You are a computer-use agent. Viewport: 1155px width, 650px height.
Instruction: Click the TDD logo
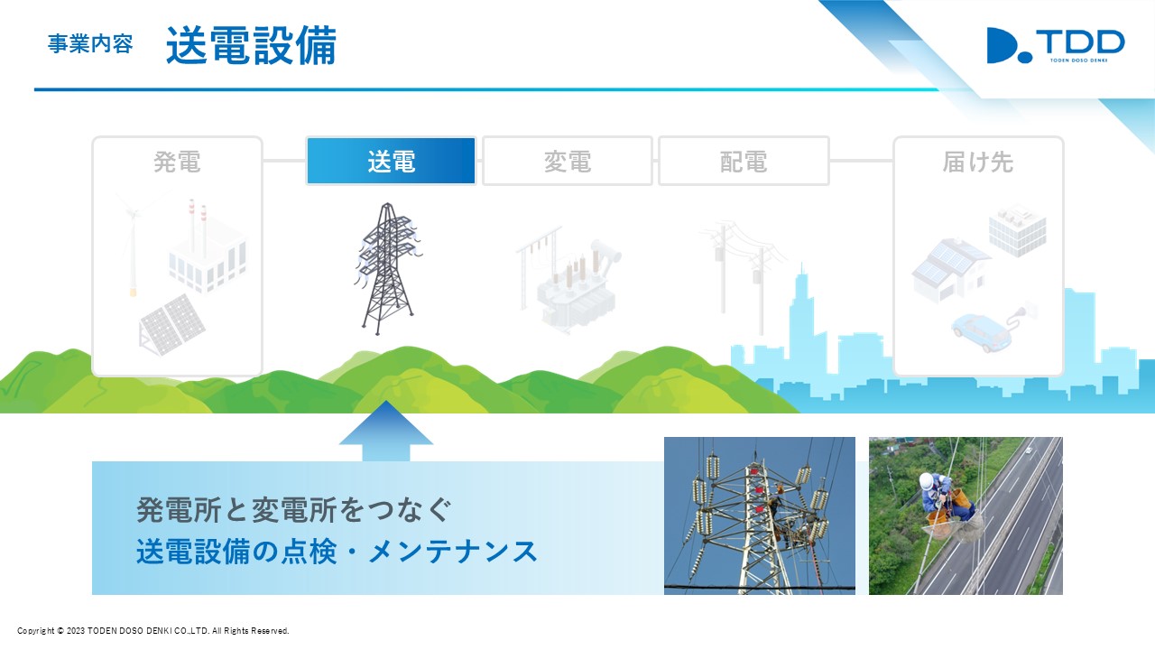(1056, 45)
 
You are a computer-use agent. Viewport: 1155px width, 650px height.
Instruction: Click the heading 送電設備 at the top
(251, 45)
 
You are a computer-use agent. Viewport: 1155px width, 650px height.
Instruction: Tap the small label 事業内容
(90, 44)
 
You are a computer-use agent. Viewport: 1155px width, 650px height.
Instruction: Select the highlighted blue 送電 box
(391, 161)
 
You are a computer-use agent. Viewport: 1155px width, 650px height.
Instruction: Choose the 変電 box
(568, 161)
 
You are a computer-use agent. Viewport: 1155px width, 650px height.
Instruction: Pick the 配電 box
(744, 161)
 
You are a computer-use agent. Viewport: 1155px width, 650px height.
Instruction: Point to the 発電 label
(177, 162)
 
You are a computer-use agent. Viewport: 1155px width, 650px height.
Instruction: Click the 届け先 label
(977, 162)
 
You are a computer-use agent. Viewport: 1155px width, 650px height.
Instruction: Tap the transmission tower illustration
(388, 268)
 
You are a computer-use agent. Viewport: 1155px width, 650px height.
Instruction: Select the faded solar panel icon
(171, 325)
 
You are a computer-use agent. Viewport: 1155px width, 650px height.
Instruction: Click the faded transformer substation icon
(569, 280)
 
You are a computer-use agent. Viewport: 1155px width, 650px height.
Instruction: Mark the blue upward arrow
(385, 432)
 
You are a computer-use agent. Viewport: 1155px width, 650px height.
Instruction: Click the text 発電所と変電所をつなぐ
(294, 510)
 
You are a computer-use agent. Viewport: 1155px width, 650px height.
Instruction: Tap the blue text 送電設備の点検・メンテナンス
(337, 551)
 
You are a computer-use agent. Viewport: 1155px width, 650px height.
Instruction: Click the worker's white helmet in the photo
(927, 481)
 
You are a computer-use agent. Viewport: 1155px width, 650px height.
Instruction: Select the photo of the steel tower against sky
(760, 515)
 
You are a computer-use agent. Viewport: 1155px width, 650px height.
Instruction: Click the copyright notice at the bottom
(153, 630)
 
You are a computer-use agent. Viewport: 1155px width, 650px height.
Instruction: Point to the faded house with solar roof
(950, 269)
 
